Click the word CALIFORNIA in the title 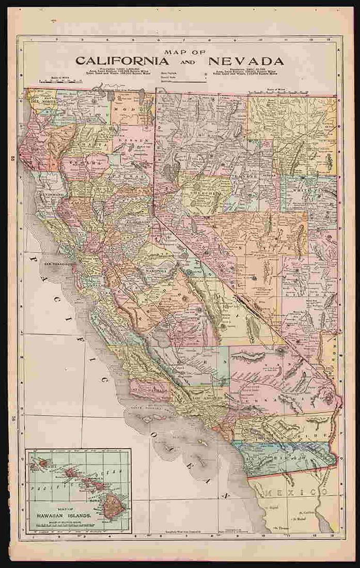[122, 60]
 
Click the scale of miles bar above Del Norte [59, 82]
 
